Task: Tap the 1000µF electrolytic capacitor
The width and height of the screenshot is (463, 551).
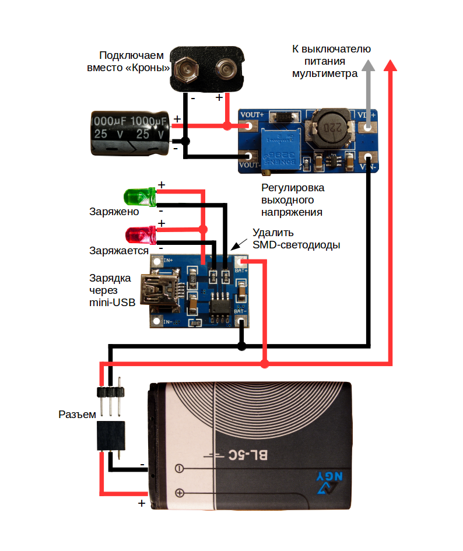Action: click(x=129, y=134)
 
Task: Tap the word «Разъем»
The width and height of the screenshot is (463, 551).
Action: click(x=77, y=415)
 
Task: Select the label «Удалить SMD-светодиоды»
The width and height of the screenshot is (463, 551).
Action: click(x=296, y=239)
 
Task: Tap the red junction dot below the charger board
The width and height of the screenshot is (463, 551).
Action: click(x=265, y=364)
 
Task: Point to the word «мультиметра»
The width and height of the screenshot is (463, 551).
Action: click(x=325, y=74)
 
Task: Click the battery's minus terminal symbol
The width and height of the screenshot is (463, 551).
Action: click(x=180, y=468)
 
